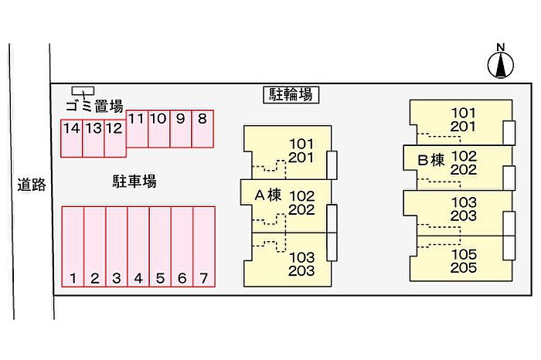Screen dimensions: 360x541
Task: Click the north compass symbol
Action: [x=501, y=63]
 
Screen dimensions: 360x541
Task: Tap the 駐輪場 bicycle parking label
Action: [x=290, y=95]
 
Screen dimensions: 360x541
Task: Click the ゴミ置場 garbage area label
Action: [x=94, y=107]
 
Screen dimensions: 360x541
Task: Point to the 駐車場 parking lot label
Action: [x=134, y=182]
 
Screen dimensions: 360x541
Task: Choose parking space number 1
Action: [x=73, y=246]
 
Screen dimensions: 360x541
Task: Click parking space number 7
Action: [x=203, y=246]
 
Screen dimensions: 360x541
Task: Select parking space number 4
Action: [x=138, y=246]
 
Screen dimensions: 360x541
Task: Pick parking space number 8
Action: [x=202, y=129]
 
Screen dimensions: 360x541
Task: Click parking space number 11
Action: [x=137, y=129]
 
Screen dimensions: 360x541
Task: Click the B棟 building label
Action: [x=430, y=161]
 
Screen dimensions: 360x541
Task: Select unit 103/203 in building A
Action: [x=301, y=263]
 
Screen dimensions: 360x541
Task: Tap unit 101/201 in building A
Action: [x=301, y=151]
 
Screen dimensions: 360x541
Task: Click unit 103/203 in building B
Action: [x=464, y=209]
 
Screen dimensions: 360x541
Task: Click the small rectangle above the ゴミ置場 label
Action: [x=83, y=91]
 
